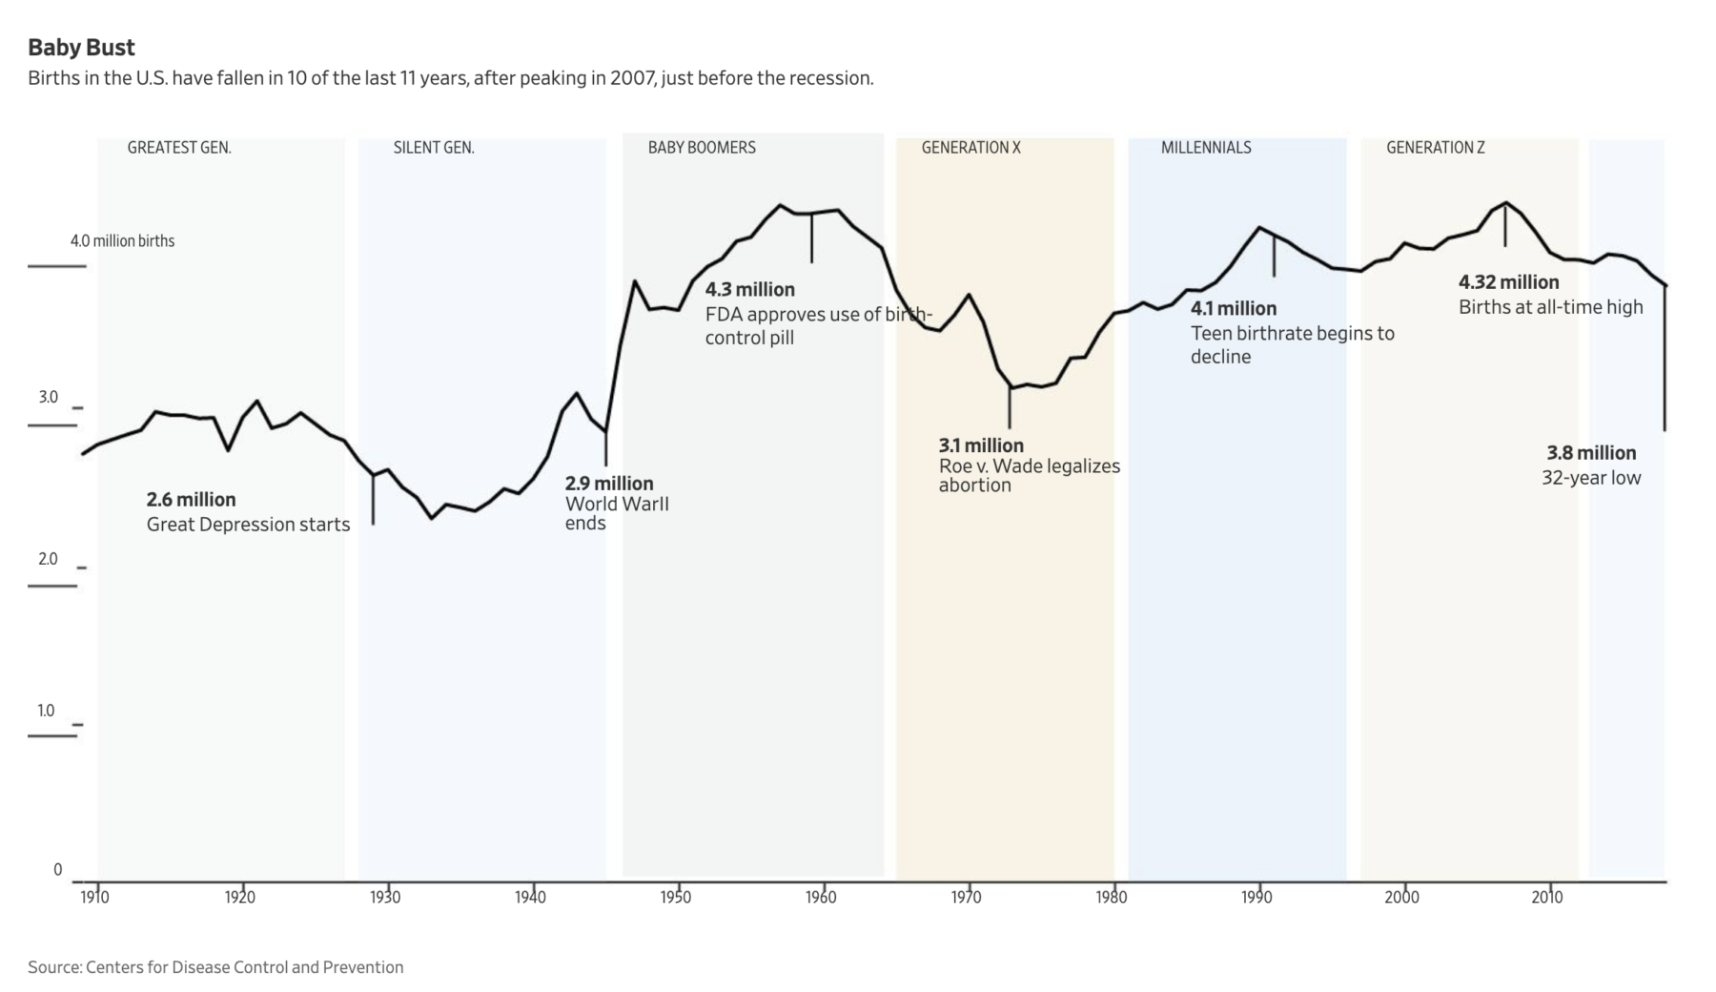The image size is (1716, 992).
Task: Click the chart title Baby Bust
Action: (81, 48)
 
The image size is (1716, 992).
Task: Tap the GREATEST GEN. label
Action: (179, 148)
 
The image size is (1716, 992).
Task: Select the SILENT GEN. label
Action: (434, 148)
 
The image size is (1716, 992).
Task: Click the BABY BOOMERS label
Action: (702, 148)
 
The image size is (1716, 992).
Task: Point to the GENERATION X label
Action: (970, 148)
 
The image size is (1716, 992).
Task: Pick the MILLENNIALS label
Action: (1206, 148)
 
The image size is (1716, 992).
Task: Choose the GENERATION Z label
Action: (1435, 148)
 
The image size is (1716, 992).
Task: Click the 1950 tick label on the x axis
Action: (676, 898)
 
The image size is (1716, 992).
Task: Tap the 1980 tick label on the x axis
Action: (1112, 898)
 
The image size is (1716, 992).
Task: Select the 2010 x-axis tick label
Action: (1547, 898)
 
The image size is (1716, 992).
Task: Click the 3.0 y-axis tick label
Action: (49, 398)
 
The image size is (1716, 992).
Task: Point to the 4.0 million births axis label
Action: (122, 241)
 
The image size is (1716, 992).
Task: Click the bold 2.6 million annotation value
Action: (191, 500)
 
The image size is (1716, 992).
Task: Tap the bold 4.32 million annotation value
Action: (1508, 282)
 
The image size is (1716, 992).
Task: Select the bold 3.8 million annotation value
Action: (1591, 453)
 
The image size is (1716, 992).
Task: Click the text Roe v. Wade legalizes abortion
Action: (1030, 476)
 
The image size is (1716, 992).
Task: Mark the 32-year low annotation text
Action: (1591, 478)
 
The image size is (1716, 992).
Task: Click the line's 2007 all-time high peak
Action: (1505, 203)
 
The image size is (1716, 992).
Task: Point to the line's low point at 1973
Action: (1010, 387)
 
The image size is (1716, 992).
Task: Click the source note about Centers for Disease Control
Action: (215, 967)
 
